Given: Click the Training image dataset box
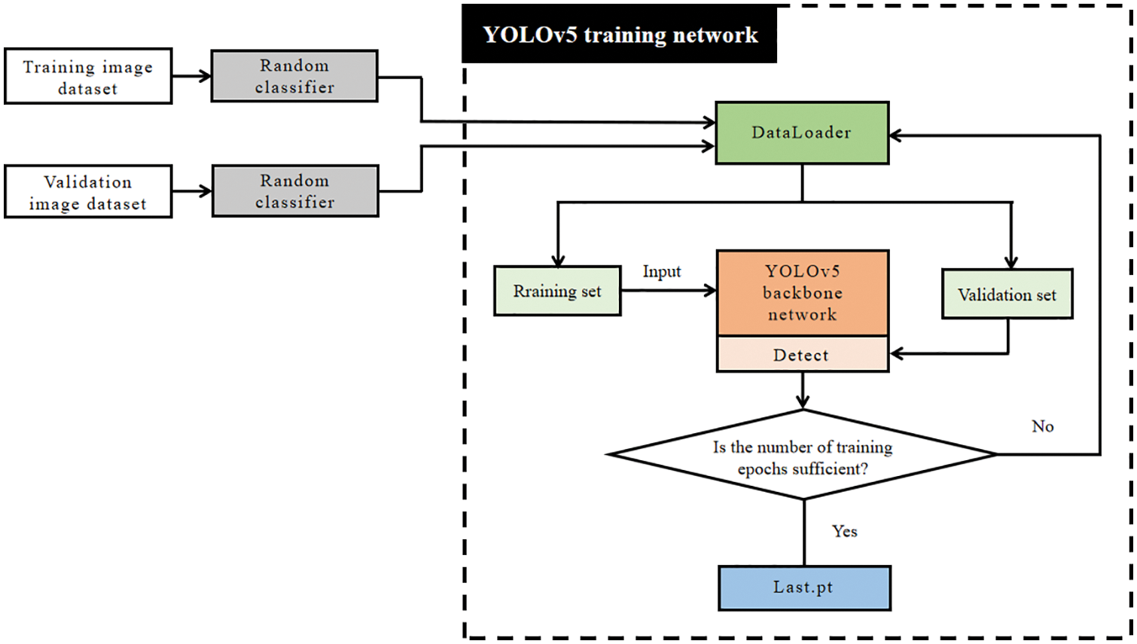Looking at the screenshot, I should tap(88, 76).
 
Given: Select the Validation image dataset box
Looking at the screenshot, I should tap(88, 192).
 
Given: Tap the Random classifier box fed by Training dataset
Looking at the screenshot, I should tap(294, 76).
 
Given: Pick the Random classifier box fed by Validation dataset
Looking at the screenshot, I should tap(295, 191).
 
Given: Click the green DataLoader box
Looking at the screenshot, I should tap(802, 133).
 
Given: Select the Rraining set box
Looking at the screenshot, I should tap(557, 291).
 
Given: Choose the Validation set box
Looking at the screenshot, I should tap(1007, 295).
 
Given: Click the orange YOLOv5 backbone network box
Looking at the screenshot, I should tap(803, 293).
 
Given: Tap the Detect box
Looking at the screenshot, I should tap(803, 355).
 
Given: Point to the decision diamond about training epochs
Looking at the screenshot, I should tap(803, 456).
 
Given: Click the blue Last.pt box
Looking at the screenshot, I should tap(804, 588).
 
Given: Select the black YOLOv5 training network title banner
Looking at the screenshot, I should tap(620, 35).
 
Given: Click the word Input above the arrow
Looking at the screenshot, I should tap(661, 272).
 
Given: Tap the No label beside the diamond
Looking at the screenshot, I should tap(1042, 426).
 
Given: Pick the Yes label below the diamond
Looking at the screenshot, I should tap(844, 531).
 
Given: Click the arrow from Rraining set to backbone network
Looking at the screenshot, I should tap(669, 290).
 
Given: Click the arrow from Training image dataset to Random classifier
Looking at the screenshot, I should tap(191, 76).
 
